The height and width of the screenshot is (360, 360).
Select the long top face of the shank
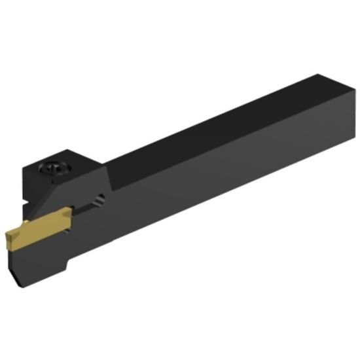coord(223,121)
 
